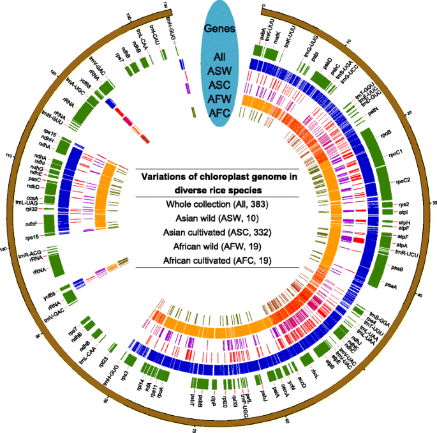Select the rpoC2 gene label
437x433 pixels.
point(404,181)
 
